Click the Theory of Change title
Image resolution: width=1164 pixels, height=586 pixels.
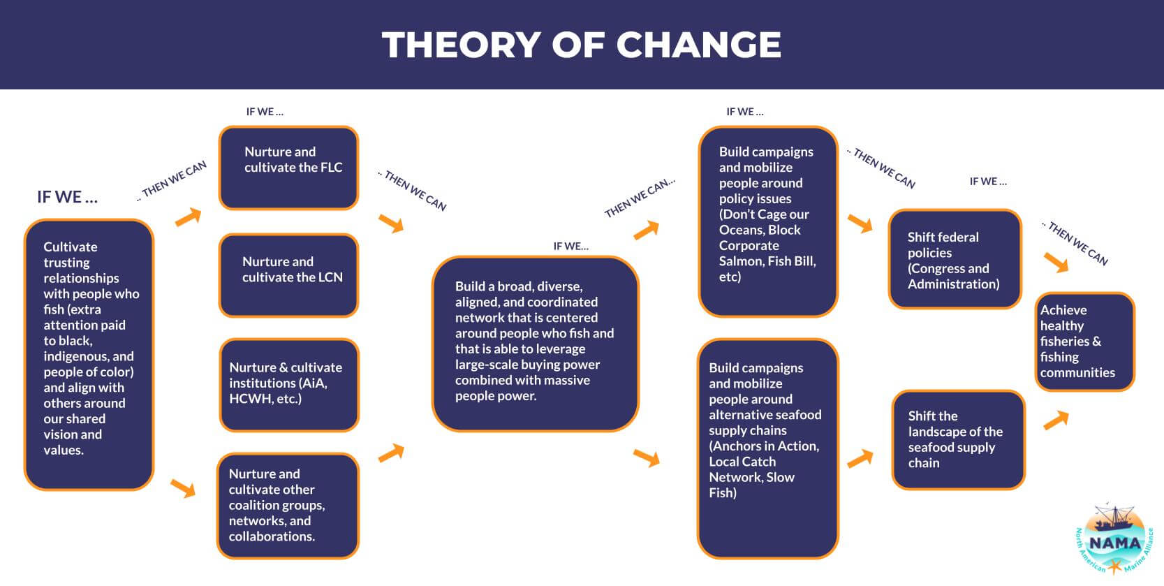pyautogui.click(x=582, y=44)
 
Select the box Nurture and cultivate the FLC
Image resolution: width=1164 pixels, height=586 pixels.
pyautogui.click(x=289, y=168)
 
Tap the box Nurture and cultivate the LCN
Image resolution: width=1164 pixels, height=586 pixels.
pyautogui.click(x=289, y=275)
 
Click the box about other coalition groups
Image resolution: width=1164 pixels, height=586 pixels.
pyautogui.click(x=288, y=506)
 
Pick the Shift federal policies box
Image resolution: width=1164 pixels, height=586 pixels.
pyautogui.click(x=955, y=259)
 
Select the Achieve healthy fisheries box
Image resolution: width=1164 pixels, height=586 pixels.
pyautogui.click(x=1085, y=342)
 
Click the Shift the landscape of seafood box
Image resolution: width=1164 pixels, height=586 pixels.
pyautogui.click(x=959, y=440)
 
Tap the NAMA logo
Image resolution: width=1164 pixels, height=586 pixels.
pyautogui.click(x=1114, y=539)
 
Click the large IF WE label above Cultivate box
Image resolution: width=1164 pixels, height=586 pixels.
pyautogui.click(x=67, y=197)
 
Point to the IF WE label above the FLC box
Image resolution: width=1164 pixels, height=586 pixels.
pyautogui.click(x=265, y=112)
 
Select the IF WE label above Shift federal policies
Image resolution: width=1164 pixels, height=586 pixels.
pyautogui.click(x=988, y=182)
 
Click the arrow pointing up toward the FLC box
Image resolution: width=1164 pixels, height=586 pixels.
pyautogui.click(x=188, y=217)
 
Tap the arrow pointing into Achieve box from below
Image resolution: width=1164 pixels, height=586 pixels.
pyautogui.click(x=1056, y=420)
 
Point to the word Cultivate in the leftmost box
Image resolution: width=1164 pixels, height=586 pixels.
pyautogui.click(x=70, y=247)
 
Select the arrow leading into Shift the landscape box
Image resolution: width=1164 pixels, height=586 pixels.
pyautogui.click(x=860, y=459)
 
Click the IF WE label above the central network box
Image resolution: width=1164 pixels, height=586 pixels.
pyautogui.click(x=570, y=247)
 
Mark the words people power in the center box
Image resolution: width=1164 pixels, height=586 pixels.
pyautogui.click(x=496, y=396)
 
